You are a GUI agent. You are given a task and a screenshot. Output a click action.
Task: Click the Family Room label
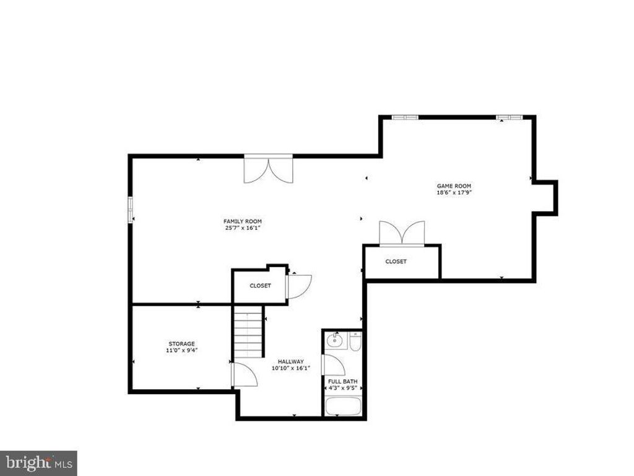[243, 221]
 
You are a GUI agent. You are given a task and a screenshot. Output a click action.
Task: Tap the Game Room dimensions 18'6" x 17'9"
[458, 192]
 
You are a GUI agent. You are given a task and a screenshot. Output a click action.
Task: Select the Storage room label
[182, 344]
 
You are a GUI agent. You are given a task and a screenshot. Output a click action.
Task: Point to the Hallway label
[290, 361]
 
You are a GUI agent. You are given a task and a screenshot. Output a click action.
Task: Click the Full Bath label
[342, 381]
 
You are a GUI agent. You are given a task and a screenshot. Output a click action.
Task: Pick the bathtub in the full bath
[343, 407]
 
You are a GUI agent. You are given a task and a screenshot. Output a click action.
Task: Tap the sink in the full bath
[336, 340]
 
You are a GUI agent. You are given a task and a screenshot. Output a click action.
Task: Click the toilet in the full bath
[355, 341]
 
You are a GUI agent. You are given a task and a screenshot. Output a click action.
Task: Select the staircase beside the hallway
[249, 334]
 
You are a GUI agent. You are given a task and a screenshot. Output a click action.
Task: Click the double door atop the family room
[268, 169]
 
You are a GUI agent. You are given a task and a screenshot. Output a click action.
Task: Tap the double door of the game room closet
[402, 234]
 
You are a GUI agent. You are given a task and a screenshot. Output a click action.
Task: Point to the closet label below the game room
[396, 262]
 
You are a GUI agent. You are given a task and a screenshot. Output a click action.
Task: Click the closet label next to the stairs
[260, 286]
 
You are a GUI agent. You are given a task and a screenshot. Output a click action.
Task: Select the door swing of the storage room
[243, 375]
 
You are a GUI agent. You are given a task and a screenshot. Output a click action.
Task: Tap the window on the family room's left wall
[131, 209]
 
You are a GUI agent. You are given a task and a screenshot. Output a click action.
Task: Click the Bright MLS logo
[38, 462]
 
